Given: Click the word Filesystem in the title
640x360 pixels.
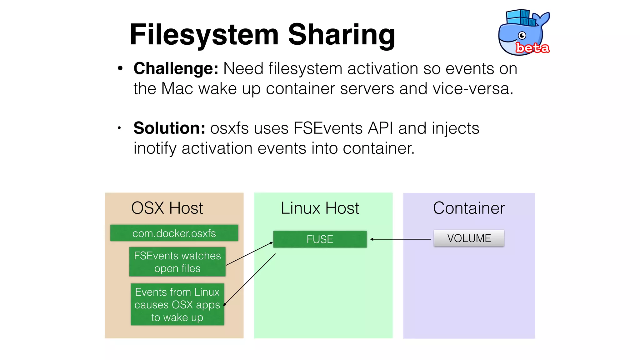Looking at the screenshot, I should [204, 35].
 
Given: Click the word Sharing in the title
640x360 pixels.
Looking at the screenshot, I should [341, 35].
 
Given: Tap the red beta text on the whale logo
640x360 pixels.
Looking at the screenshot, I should [532, 48].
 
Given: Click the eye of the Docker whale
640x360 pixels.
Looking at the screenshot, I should [522, 36].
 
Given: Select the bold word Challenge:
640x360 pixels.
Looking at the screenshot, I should [176, 68].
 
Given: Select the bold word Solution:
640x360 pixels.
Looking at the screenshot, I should [169, 128].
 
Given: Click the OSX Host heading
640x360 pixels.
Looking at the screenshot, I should [167, 208].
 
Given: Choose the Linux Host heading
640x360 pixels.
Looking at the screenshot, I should [320, 208].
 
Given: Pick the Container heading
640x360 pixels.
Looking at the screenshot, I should [469, 208].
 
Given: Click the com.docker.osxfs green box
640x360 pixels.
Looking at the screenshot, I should [174, 233].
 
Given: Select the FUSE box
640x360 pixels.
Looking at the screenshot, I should [320, 239].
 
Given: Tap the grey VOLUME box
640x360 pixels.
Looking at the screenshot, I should [469, 238].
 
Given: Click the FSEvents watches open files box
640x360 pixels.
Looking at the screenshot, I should [177, 262].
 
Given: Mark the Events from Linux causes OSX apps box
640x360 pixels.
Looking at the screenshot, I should [177, 304].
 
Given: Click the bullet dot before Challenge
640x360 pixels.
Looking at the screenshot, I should [120, 69].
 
